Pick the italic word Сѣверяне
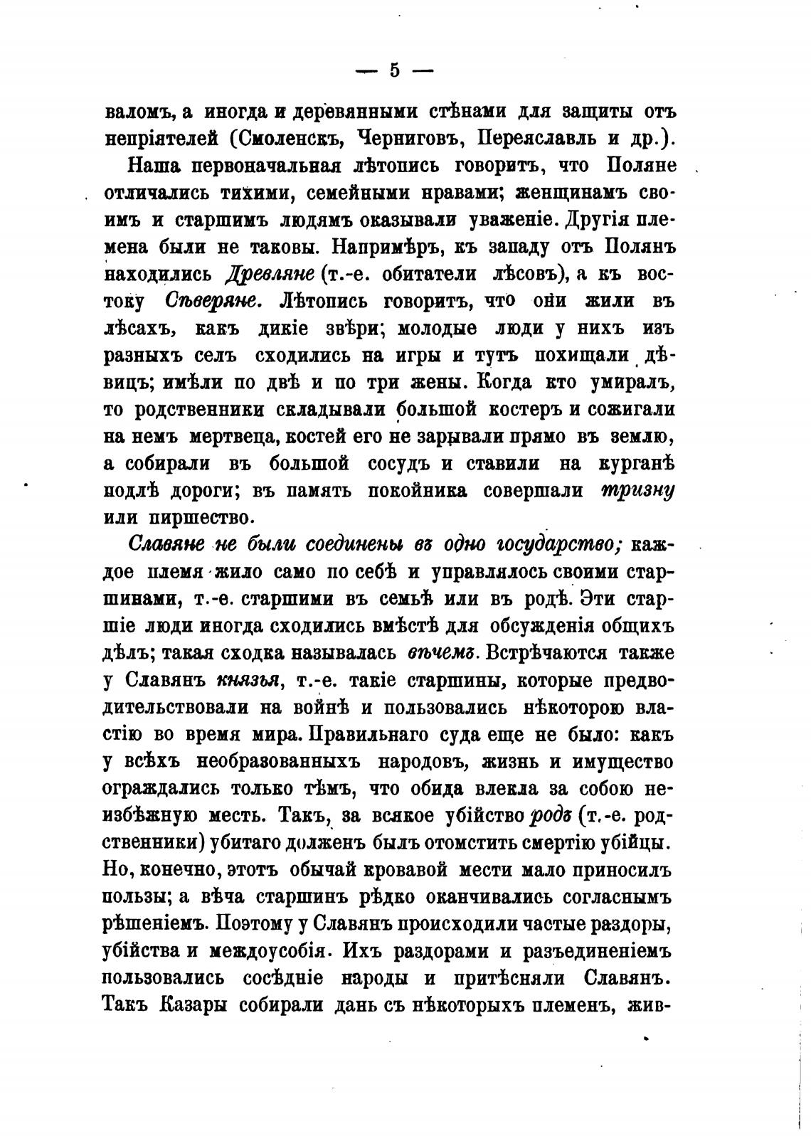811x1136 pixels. [x=213, y=301]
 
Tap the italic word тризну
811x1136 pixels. [x=637, y=490]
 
